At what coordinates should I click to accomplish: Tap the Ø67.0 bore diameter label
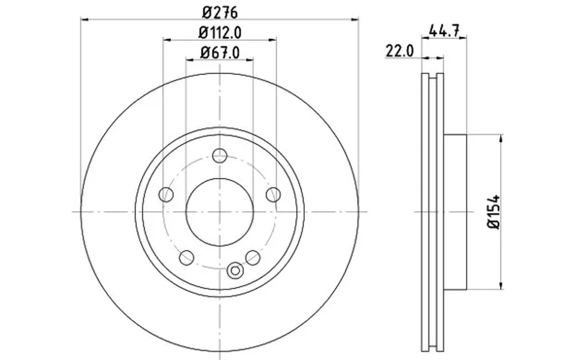[x=220, y=52]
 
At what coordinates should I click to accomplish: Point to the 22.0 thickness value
[x=400, y=52]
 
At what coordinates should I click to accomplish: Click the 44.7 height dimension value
[x=444, y=30]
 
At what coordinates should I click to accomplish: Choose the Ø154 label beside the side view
[x=494, y=212]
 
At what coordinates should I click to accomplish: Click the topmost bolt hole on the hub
[x=220, y=155]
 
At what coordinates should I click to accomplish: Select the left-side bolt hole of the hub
[x=166, y=194]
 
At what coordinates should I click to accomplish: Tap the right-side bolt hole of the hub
[x=273, y=194]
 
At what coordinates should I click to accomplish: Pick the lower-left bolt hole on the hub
[x=187, y=257]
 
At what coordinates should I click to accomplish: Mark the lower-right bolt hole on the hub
[x=253, y=257]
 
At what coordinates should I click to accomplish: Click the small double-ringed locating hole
[x=235, y=271]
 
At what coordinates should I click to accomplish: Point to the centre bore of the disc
[x=220, y=212]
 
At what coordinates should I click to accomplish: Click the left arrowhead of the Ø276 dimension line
[x=85, y=19]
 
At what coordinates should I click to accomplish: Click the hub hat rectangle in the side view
[x=455, y=212]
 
